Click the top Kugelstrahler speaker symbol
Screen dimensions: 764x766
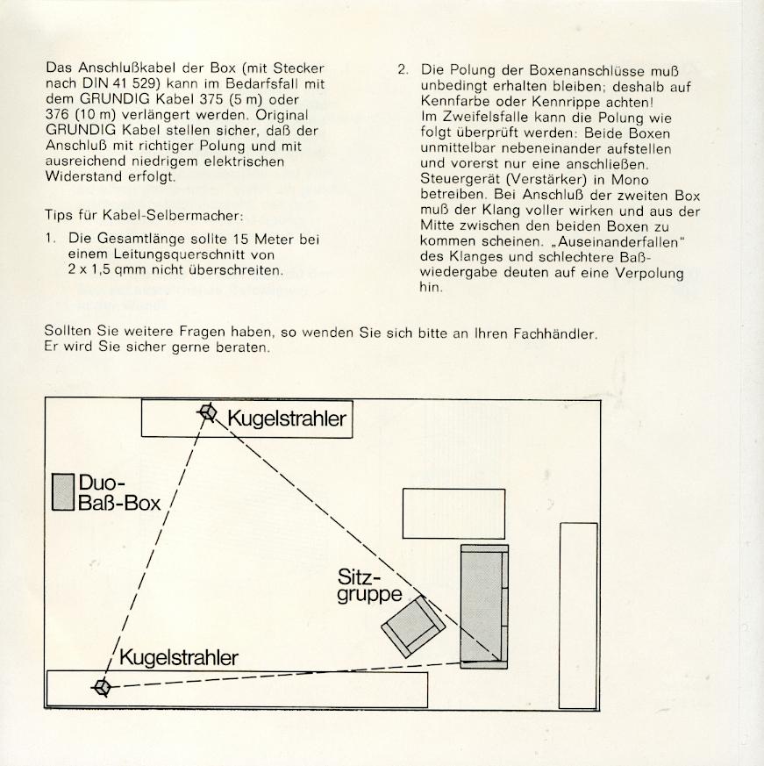(x=208, y=412)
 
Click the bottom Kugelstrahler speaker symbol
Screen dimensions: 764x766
(x=102, y=687)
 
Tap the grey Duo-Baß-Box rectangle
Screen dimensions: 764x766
(x=63, y=492)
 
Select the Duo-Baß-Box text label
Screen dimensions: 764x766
(x=118, y=492)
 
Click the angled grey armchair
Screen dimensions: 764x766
(x=413, y=626)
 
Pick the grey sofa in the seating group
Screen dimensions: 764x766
(x=484, y=606)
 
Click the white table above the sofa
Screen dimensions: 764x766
(x=453, y=513)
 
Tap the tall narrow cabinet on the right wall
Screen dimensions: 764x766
(x=578, y=616)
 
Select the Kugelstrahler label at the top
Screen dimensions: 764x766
(x=287, y=419)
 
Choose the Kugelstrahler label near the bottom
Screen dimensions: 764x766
(x=179, y=657)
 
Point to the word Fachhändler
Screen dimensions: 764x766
(x=555, y=334)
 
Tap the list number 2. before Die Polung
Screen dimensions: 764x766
(x=403, y=71)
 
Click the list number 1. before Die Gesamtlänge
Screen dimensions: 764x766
(x=51, y=239)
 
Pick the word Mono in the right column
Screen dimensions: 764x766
(x=630, y=180)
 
